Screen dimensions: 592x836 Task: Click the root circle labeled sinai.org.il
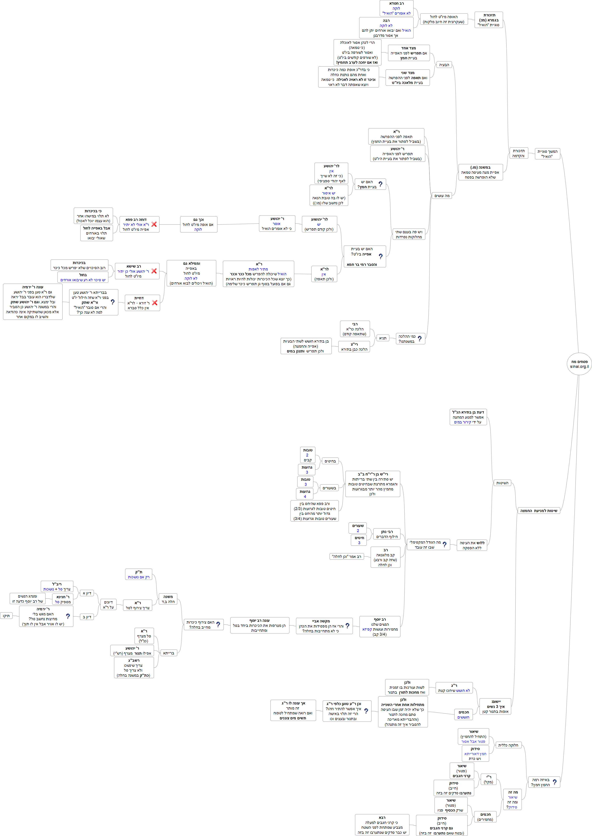click(579, 364)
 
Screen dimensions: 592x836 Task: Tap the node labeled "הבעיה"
click(444, 65)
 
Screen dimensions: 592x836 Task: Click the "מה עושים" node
click(442, 196)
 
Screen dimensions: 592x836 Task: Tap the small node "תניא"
click(382, 338)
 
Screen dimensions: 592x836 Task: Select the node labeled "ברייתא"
click(168, 653)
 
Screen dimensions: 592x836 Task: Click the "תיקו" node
click(6, 616)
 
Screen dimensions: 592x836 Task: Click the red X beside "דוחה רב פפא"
click(154, 224)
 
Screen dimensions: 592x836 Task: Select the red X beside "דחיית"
click(155, 303)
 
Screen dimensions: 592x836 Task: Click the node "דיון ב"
click(87, 617)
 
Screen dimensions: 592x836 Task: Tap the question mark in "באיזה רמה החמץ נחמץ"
click(555, 782)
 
